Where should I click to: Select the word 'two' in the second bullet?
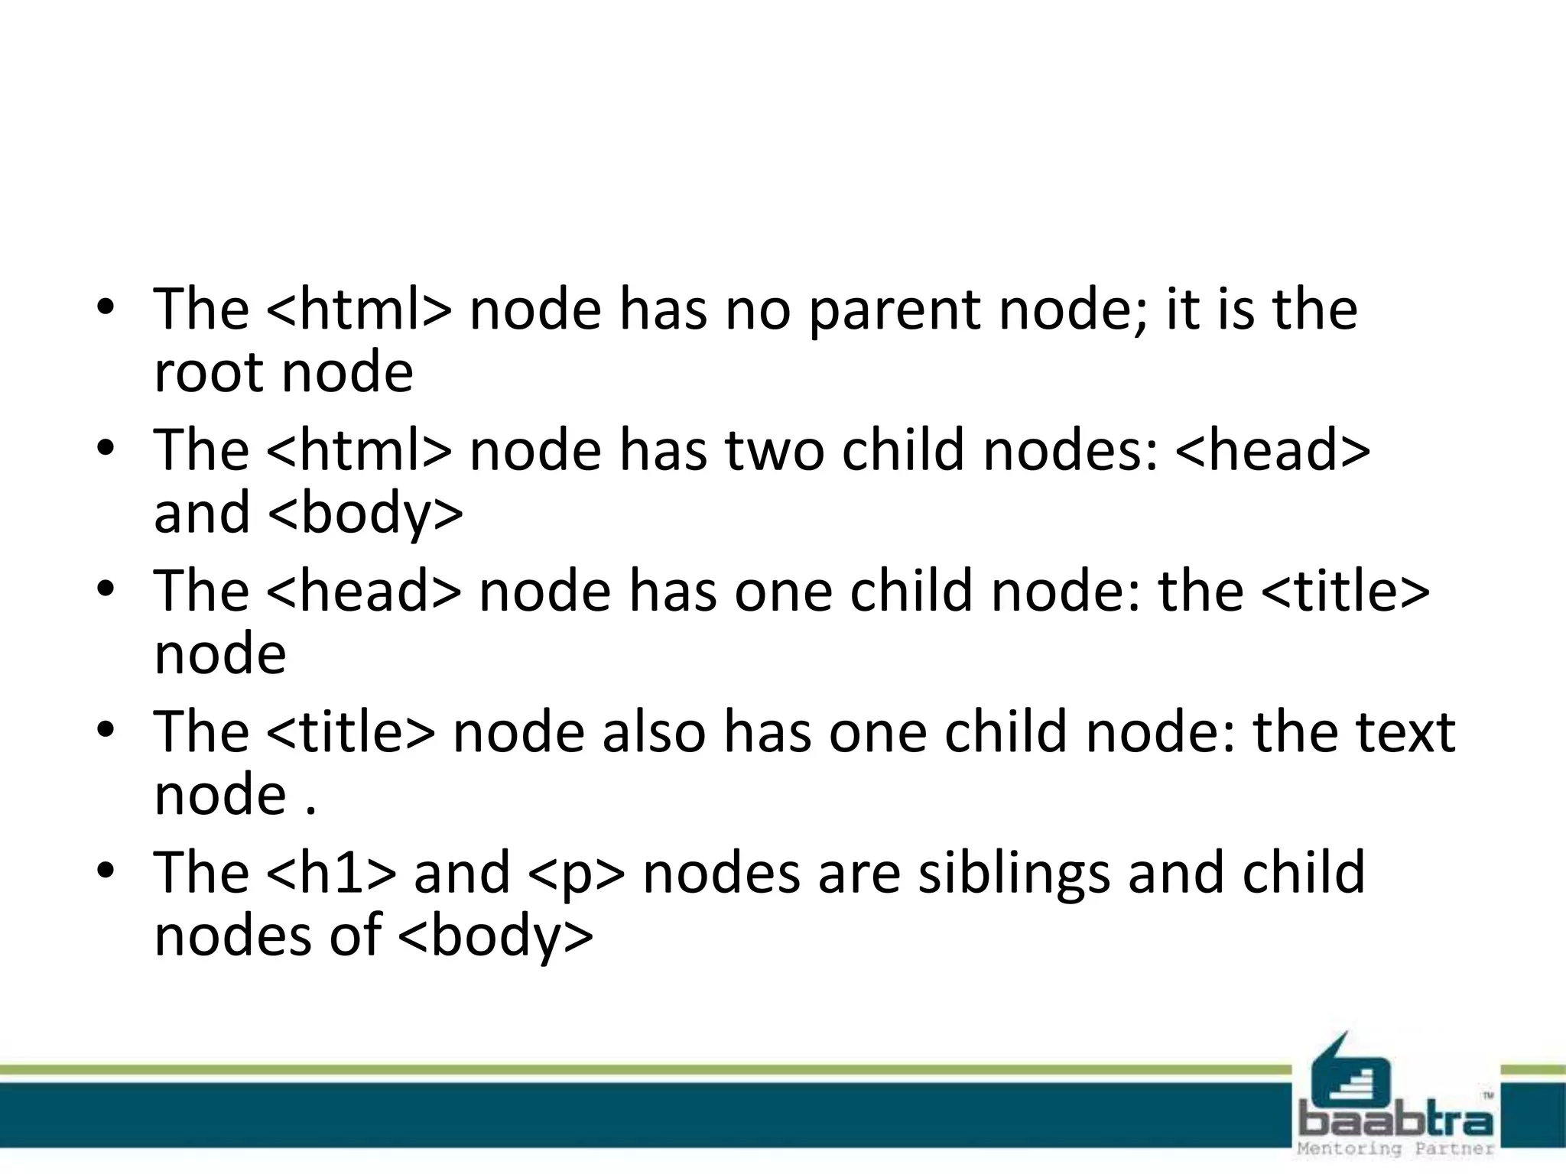point(774,450)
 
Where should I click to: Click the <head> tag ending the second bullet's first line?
point(1272,450)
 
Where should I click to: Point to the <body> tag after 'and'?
point(366,514)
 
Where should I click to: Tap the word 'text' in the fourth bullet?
point(1405,731)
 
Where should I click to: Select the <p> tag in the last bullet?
point(576,874)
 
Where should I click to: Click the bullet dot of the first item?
point(106,308)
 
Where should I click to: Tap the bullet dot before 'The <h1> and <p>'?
point(106,871)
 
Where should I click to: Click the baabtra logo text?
point(1396,1121)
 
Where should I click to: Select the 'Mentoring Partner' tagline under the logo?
point(1395,1149)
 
